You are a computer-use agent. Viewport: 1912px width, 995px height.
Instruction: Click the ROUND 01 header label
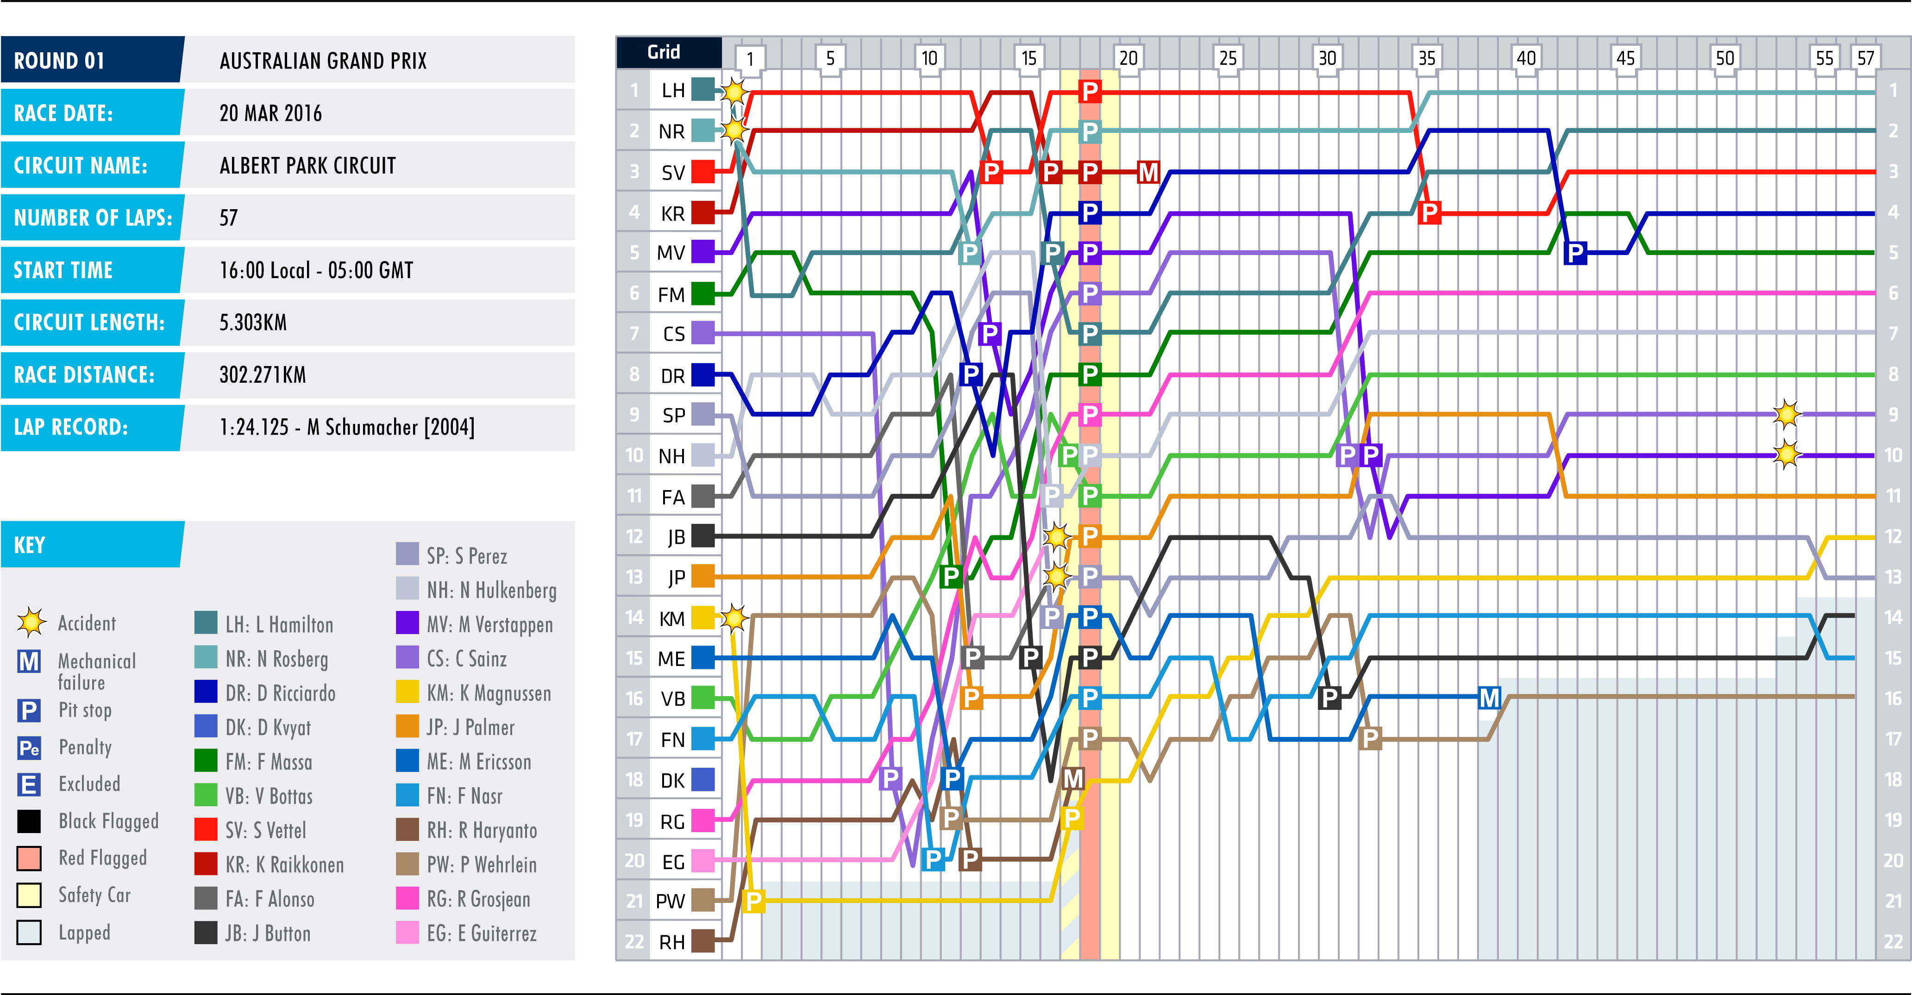coord(59,60)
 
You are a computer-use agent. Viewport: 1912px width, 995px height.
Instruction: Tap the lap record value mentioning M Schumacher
coord(347,427)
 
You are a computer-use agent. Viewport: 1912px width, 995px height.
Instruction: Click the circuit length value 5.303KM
coord(253,322)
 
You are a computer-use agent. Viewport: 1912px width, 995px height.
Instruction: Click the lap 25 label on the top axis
coord(1228,58)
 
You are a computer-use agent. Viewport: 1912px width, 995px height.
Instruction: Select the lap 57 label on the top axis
coord(1865,58)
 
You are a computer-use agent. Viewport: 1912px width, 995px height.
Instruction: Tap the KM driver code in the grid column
coord(672,618)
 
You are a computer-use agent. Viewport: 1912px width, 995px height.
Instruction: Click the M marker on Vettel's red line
coord(1148,172)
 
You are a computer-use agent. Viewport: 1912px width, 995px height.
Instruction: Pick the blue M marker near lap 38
coord(1490,698)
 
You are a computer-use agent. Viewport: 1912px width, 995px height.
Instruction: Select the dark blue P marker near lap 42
coord(1575,253)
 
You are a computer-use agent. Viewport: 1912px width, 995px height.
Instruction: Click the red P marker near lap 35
coord(1429,213)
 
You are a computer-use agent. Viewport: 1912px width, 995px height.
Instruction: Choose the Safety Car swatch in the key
coord(29,895)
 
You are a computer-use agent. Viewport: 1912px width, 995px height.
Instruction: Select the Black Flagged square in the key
coord(29,821)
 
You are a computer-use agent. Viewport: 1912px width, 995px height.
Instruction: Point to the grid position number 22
coord(634,942)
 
